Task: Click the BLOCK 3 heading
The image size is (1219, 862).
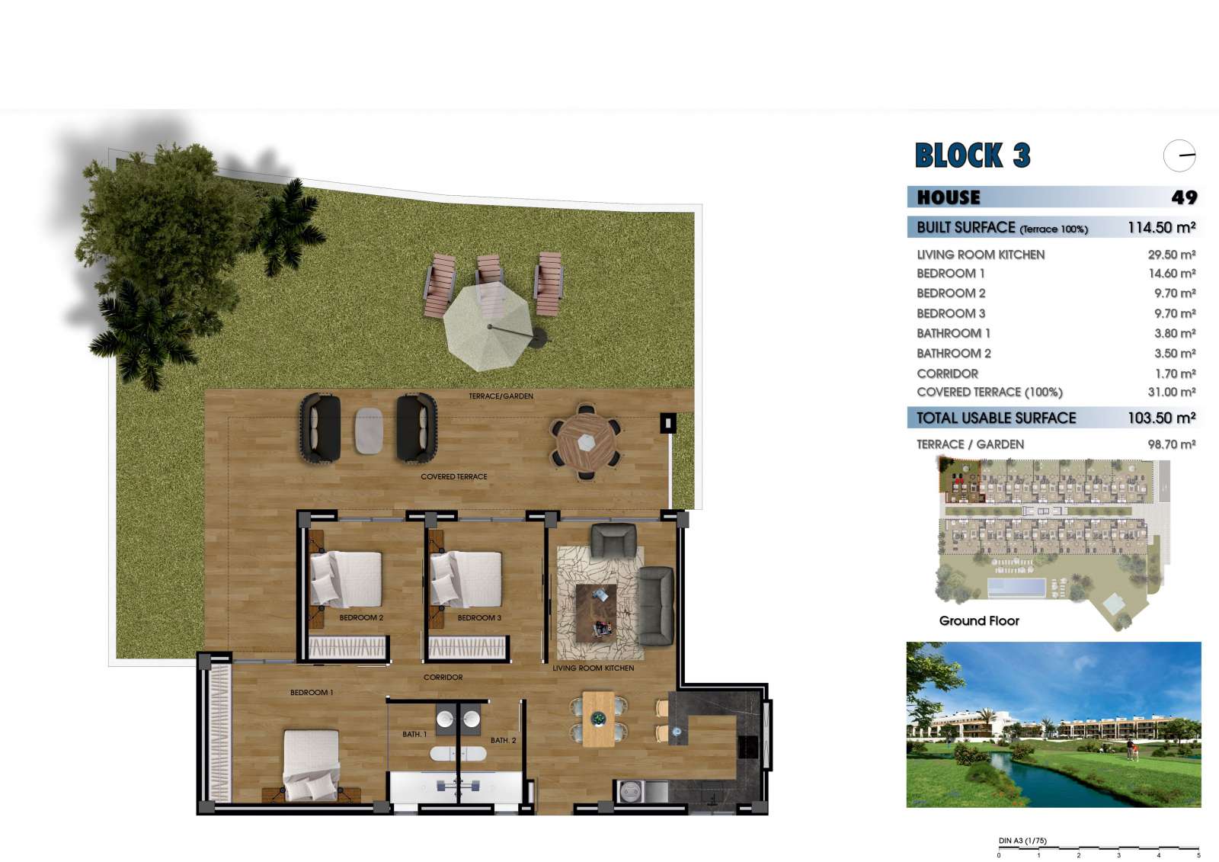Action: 972,155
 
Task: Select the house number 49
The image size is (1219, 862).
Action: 1184,197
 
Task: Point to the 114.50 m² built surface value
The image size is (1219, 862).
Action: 1161,228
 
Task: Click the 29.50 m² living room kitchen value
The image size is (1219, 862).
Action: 1171,255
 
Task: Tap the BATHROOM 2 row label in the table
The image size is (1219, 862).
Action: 953,354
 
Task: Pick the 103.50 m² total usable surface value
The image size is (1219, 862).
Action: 1161,418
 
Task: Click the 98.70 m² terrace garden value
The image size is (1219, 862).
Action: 1171,444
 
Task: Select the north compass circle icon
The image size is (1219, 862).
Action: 1179,155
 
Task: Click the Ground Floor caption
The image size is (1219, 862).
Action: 979,620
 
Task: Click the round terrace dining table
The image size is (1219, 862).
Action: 586,442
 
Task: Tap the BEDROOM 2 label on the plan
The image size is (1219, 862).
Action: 361,617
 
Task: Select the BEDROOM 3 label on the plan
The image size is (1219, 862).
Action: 479,617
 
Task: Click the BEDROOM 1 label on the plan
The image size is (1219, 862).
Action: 312,693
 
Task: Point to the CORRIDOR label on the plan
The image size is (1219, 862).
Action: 443,678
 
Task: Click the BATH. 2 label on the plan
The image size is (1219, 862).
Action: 503,741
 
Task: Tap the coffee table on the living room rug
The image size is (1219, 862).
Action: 597,613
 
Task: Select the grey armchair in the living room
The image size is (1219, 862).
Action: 614,540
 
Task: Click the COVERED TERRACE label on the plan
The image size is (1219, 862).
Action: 454,476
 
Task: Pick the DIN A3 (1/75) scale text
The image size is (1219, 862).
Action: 1022,841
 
